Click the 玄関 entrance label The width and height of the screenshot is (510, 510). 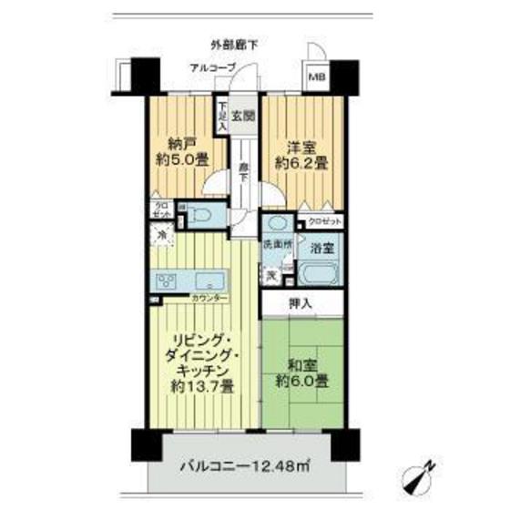(x=241, y=116)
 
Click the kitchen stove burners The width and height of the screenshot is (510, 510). (x=167, y=279)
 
